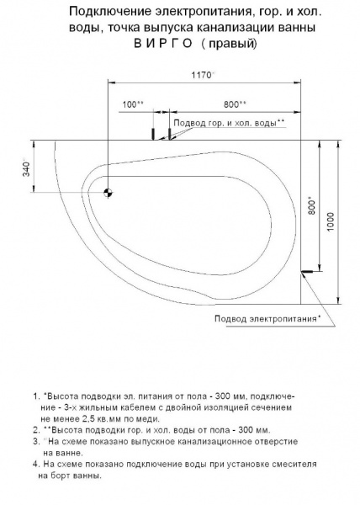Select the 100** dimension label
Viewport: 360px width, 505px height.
point(133,104)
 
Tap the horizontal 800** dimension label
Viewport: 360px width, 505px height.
point(235,104)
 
